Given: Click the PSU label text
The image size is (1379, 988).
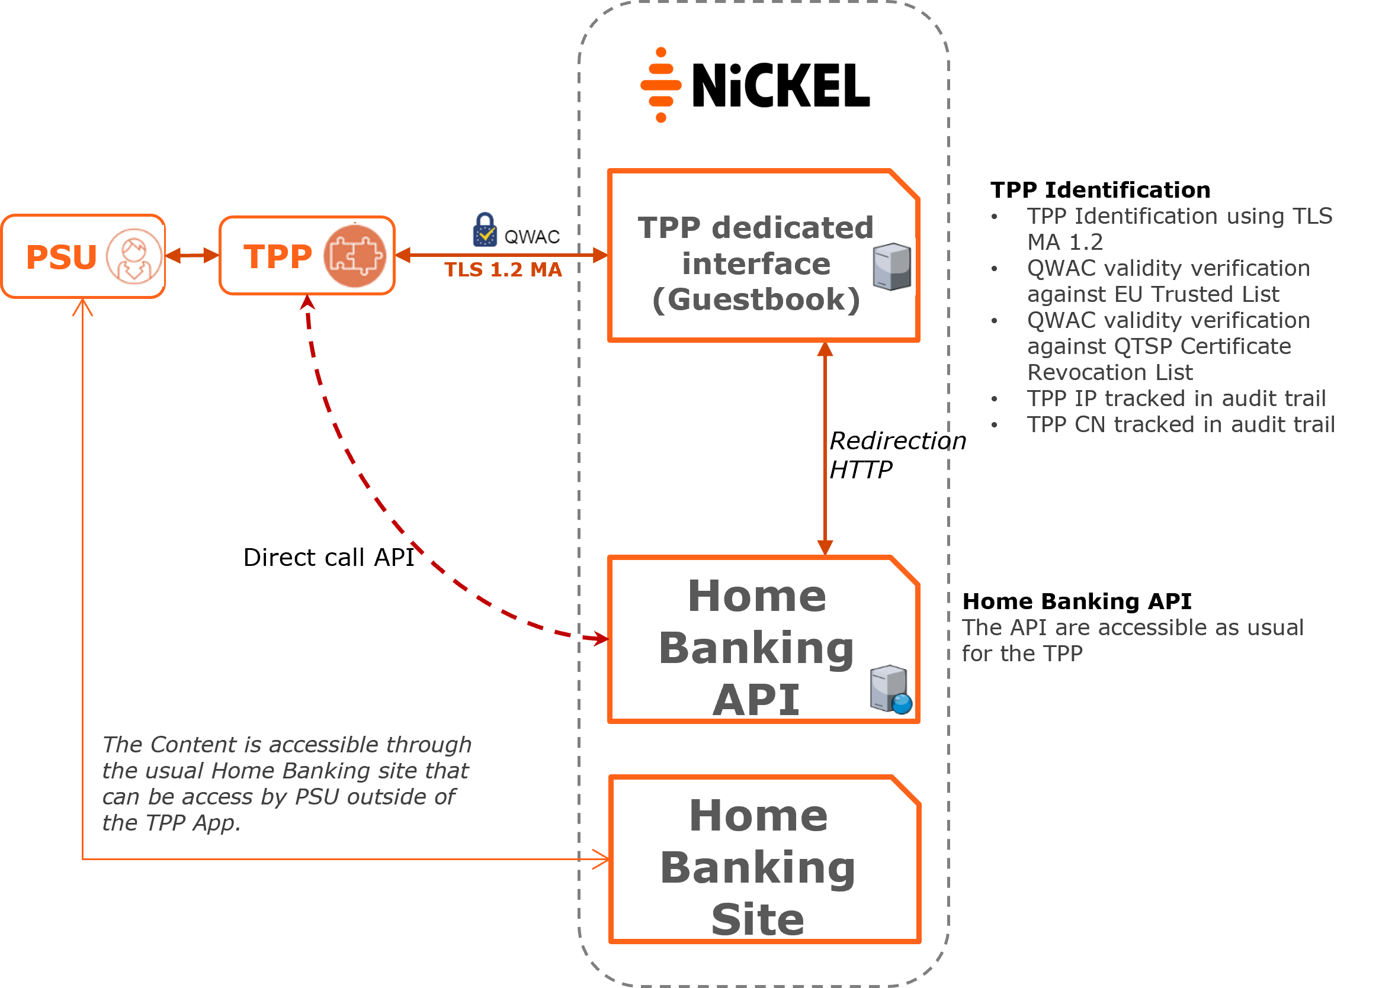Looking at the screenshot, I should [62, 257].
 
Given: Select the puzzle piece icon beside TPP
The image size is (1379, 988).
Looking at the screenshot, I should [354, 256].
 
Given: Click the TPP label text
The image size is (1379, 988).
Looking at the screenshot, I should [278, 256].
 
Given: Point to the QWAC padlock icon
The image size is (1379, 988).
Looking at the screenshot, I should [485, 230].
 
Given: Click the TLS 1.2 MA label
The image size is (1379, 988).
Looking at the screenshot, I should [503, 270].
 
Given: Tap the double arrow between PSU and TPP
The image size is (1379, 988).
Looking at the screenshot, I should [192, 256].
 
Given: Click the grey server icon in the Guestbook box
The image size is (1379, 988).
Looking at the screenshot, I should [891, 267].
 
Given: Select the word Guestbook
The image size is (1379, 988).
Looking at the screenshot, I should [756, 300].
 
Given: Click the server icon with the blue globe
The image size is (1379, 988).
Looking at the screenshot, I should [890, 690].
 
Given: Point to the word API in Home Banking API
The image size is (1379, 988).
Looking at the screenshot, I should [756, 700].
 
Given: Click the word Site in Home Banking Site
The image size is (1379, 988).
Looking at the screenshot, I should [758, 919].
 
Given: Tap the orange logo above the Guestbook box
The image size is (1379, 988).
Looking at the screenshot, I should [661, 85].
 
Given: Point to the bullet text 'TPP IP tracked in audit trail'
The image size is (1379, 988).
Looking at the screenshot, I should [1176, 398].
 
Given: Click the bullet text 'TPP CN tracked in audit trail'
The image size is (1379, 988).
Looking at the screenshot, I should [1180, 424].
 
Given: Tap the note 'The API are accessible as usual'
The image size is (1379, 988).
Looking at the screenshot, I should [1132, 627].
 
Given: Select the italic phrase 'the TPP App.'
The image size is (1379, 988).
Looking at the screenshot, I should [171, 823].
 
